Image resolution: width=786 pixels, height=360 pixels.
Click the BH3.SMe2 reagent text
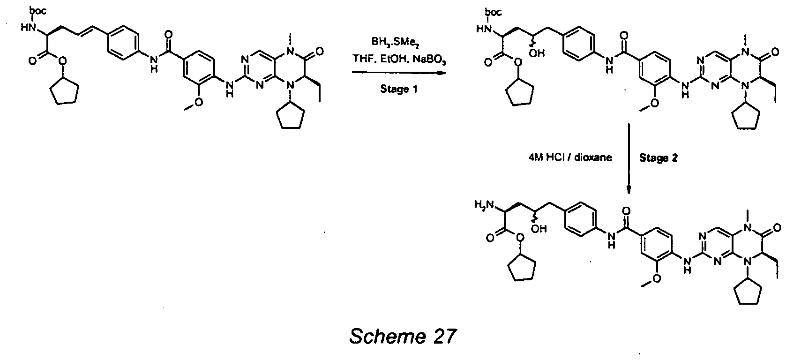click(396, 43)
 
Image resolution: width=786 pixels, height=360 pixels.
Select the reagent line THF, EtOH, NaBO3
click(399, 59)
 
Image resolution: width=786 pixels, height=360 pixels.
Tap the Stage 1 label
click(399, 89)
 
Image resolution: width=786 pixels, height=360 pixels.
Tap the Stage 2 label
click(658, 158)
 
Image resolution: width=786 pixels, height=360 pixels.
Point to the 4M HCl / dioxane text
click(570, 157)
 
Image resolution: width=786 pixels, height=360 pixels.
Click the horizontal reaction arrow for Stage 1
click(399, 73)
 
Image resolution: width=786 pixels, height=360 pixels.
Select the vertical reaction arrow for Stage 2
click(629, 158)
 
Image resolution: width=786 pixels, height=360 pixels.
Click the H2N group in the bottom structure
click(484, 204)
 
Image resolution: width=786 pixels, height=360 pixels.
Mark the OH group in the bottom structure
click(539, 229)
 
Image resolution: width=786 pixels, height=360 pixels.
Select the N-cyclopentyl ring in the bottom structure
click(748, 293)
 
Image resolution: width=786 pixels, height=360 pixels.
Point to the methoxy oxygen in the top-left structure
click(198, 102)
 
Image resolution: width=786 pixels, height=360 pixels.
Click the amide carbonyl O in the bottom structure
click(626, 211)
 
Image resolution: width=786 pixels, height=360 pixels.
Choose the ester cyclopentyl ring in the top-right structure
click(519, 91)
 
